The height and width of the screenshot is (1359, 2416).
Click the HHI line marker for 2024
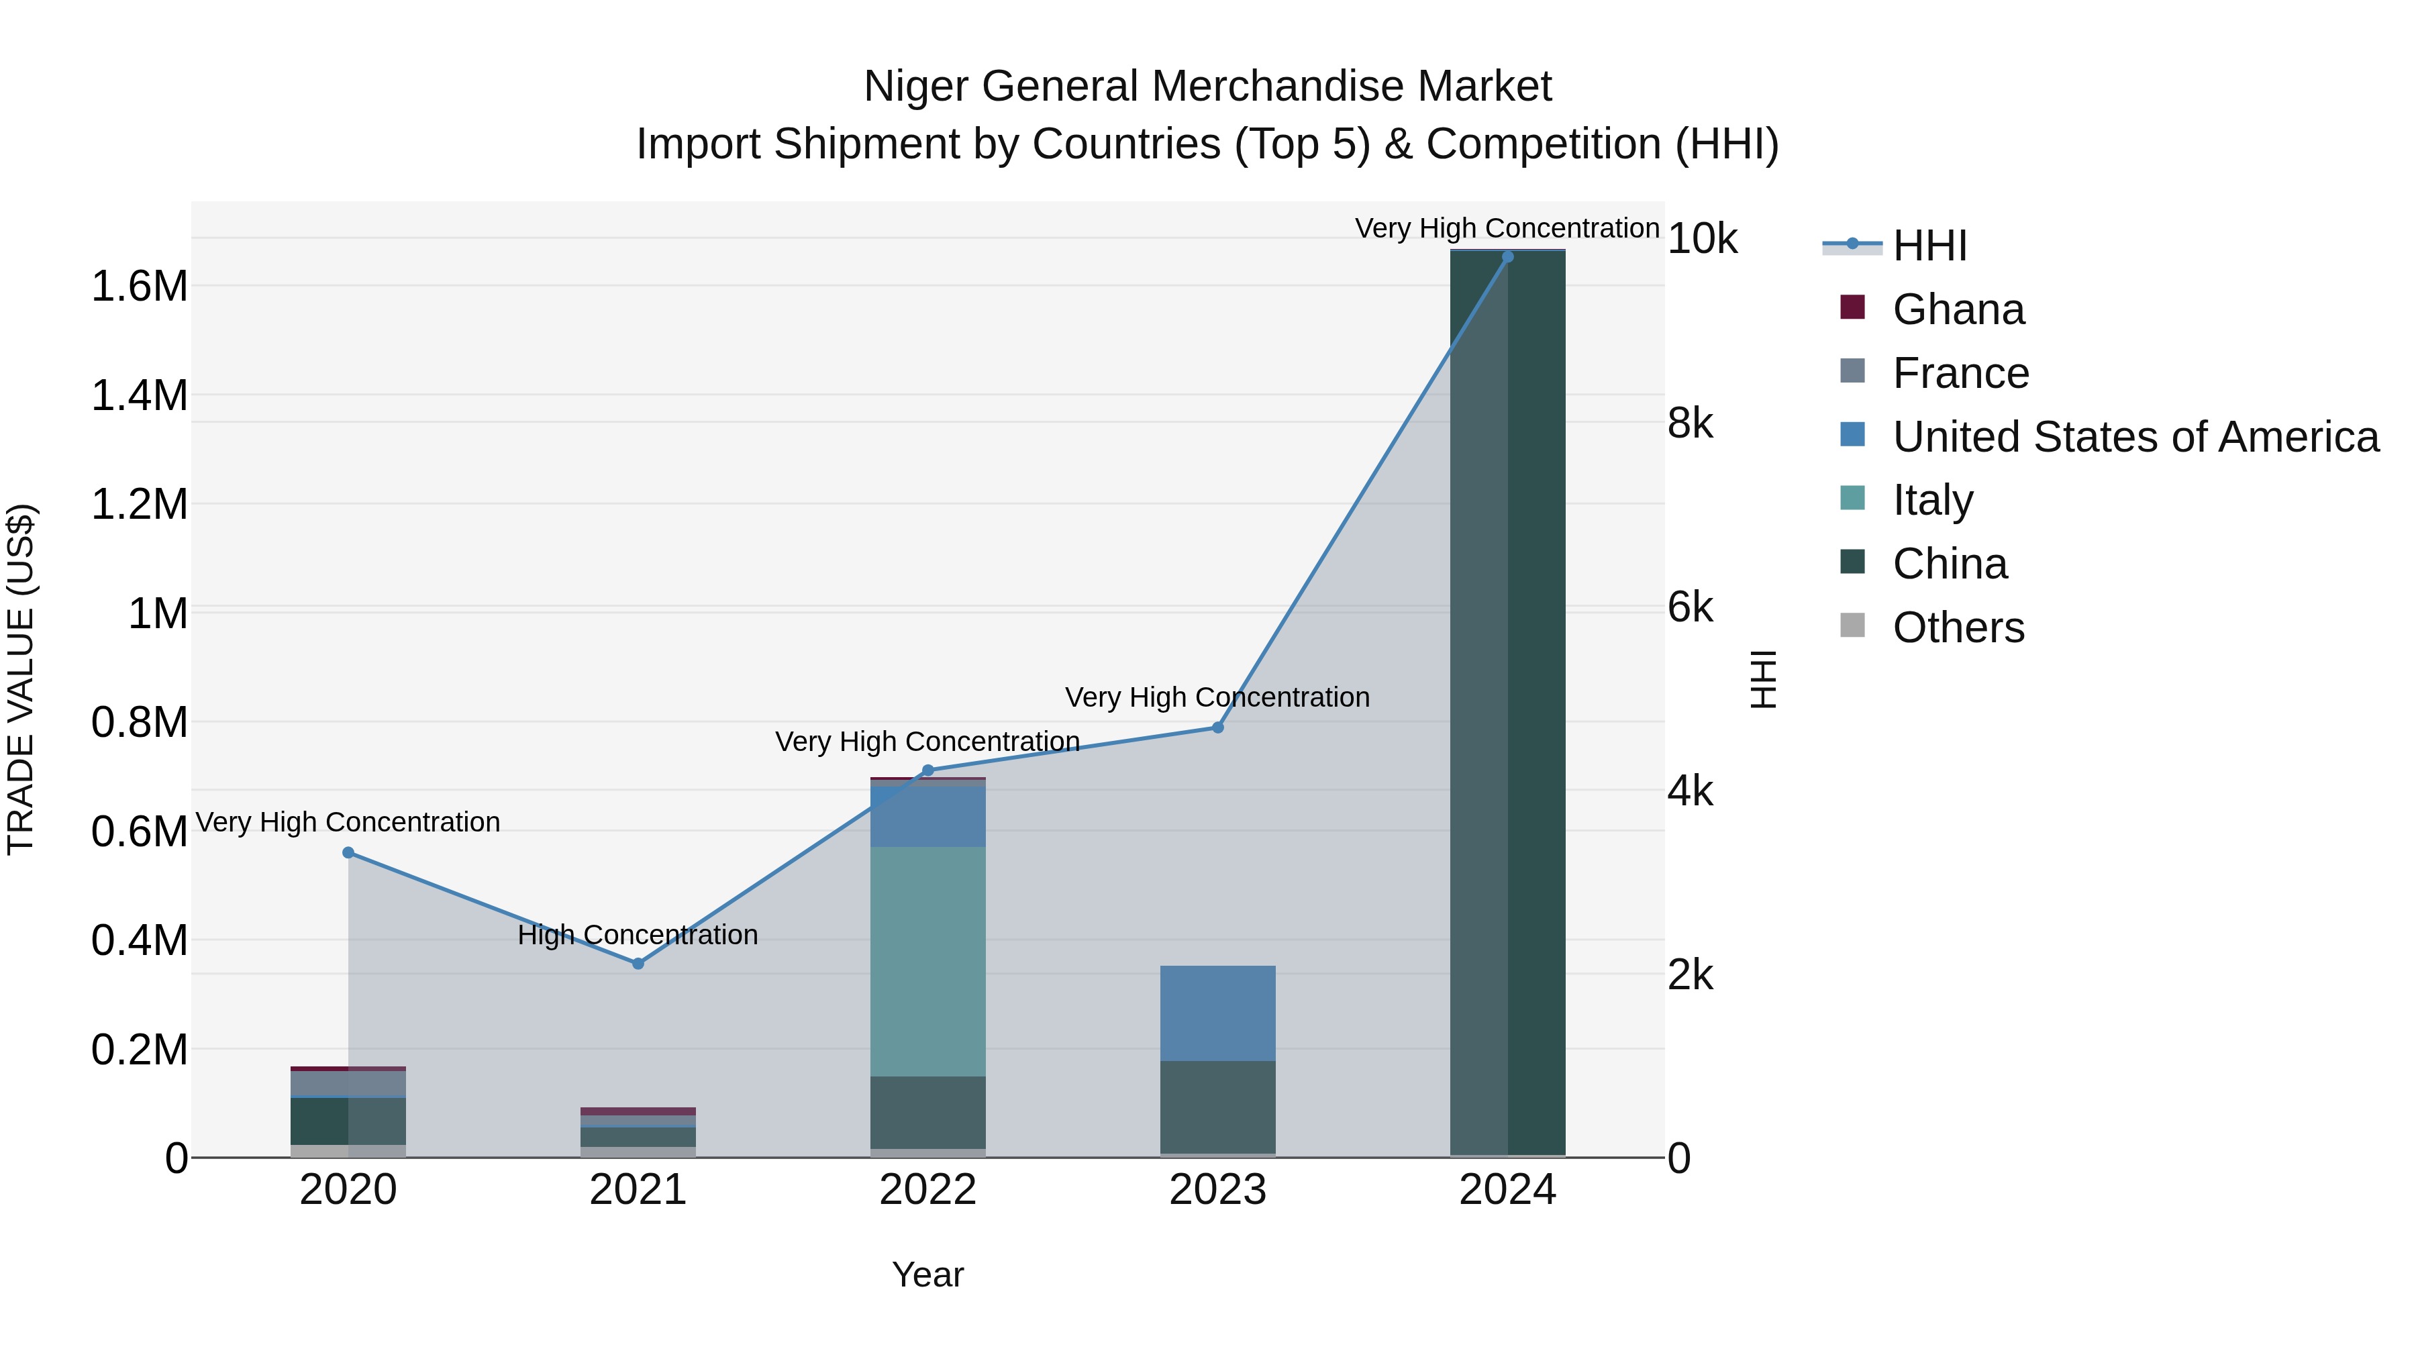[x=1507, y=257]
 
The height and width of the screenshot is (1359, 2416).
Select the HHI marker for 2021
[x=638, y=963]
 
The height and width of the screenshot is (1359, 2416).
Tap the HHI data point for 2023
[x=1217, y=727]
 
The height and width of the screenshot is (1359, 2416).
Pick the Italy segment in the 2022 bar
[x=927, y=961]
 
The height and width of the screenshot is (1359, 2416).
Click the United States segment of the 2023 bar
[x=1217, y=1013]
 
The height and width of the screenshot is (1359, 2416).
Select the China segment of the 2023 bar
[x=1217, y=1107]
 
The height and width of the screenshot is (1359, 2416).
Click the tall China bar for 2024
[x=1507, y=703]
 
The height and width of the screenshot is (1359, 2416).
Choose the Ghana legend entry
[x=1958, y=309]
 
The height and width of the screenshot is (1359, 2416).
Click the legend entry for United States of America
[x=2135, y=437]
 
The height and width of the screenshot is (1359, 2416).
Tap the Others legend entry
[x=1958, y=627]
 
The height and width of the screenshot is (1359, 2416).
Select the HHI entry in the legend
[x=1929, y=246]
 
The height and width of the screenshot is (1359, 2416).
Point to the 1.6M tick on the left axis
[x=139, y=286]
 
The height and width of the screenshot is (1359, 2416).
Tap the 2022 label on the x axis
[x=927, y=1190]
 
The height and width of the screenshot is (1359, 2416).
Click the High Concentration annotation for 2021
[x=638, y=935]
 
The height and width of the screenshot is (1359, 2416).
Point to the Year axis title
[x=927, y=1274]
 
